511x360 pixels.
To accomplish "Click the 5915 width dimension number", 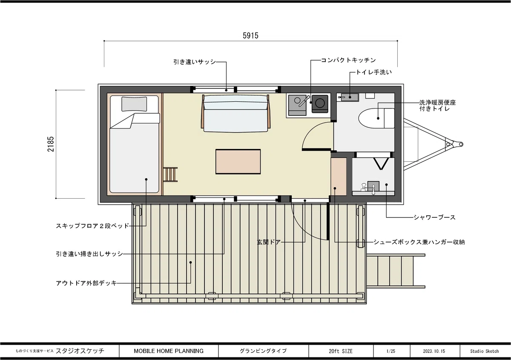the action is (x=250, y=36).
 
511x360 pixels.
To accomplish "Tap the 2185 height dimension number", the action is (x=51, y=144).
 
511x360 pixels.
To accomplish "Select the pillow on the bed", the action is (x=134, y=104).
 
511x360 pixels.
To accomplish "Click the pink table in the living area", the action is (x=238, y=162).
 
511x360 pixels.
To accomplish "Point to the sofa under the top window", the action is (x=235, y=113).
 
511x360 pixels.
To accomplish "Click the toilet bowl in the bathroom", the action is (x=376, y=118).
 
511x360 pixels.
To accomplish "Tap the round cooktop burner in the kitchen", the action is (x=320, y=103).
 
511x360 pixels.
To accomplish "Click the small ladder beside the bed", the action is (x=170, y=174).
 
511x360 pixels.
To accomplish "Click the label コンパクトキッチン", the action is (x=348, y=60).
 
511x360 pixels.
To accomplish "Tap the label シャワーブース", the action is (x=435, y=217).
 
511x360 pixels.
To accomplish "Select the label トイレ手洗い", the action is (x=374, y=72).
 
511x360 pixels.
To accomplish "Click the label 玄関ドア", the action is (x=269, y=242).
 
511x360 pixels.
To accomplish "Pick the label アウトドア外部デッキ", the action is (x=86, y=283).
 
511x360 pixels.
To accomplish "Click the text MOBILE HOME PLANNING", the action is (x=169, y=351).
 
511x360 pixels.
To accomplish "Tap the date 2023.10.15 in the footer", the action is (x=434, y=351).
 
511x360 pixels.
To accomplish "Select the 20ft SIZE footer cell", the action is (x=341, y=351).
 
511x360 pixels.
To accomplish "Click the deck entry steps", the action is (x=396, y=271).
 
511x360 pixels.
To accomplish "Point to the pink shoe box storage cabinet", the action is (x=339, y=176).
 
